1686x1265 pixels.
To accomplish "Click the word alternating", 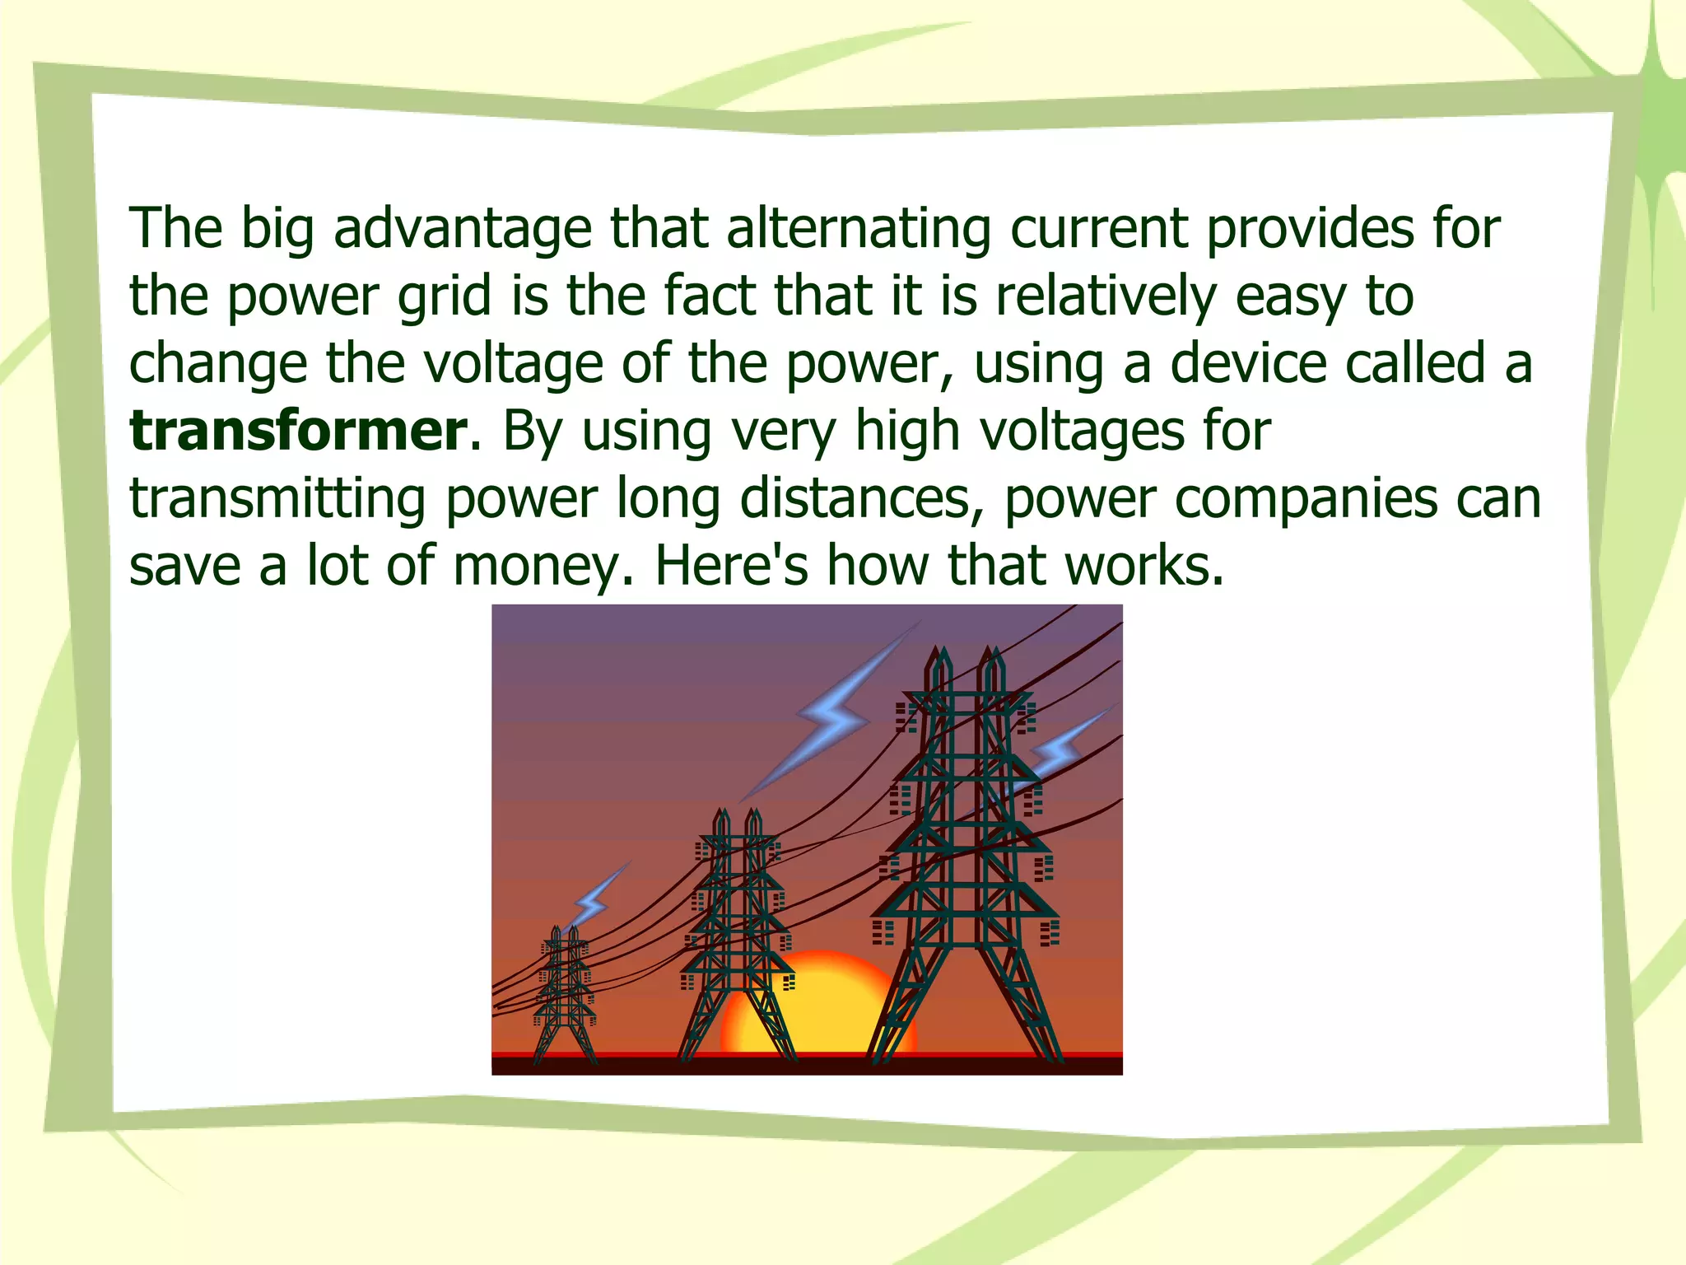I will pos(859,227).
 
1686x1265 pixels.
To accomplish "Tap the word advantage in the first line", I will pos(463,229).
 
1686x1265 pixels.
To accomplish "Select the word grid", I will pos(444,296).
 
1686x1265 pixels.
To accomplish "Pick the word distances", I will pos(861,498).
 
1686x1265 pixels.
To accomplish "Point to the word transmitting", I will pos(277,500).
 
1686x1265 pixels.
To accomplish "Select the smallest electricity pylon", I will pos(564,997).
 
